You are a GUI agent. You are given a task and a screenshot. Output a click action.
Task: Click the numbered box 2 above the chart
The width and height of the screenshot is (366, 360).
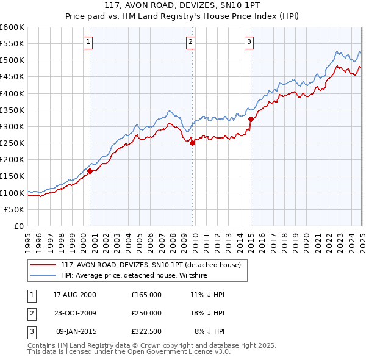point(191,42)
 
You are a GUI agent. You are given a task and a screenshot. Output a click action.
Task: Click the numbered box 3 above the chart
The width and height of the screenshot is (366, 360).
point(249,42)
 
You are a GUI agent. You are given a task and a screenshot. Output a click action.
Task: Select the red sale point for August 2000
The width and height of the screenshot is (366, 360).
point(90,171)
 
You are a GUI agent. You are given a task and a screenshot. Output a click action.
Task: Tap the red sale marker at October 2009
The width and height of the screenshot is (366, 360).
point(192,143)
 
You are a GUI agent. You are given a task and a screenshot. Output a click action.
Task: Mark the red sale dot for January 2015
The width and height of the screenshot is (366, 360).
point(251,120)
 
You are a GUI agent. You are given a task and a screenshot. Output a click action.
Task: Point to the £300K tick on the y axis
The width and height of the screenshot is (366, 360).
point(12,126)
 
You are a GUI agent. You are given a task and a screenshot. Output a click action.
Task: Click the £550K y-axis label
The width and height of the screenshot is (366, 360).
point(12,44)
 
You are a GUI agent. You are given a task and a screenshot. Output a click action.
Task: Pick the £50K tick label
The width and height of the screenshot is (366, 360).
point(15,209)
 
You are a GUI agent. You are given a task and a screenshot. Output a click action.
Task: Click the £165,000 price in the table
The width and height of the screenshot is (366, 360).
point(146,294)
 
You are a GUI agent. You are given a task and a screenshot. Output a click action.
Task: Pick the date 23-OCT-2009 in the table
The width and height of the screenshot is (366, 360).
point(75,313)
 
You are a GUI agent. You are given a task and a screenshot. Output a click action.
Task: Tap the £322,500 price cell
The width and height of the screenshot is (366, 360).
point(146,331)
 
